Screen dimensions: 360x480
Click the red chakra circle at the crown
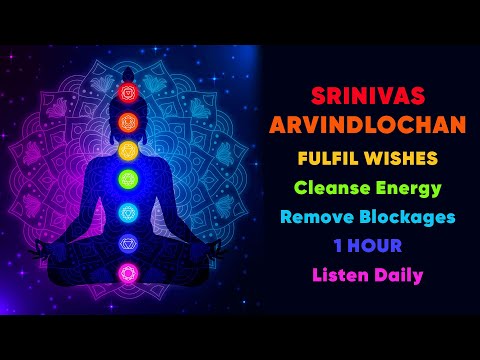(127, 93)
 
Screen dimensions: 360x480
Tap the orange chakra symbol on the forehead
(127, 123)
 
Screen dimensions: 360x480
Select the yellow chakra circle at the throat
(127, 151)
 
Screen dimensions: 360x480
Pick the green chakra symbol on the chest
(127, 180)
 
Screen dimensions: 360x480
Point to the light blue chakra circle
(127, 212)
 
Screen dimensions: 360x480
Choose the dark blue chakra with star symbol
(127, 242)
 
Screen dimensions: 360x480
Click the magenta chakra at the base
(127, 272)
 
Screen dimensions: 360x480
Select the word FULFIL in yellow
(325, 159)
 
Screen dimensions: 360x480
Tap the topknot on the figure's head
(127, 71)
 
